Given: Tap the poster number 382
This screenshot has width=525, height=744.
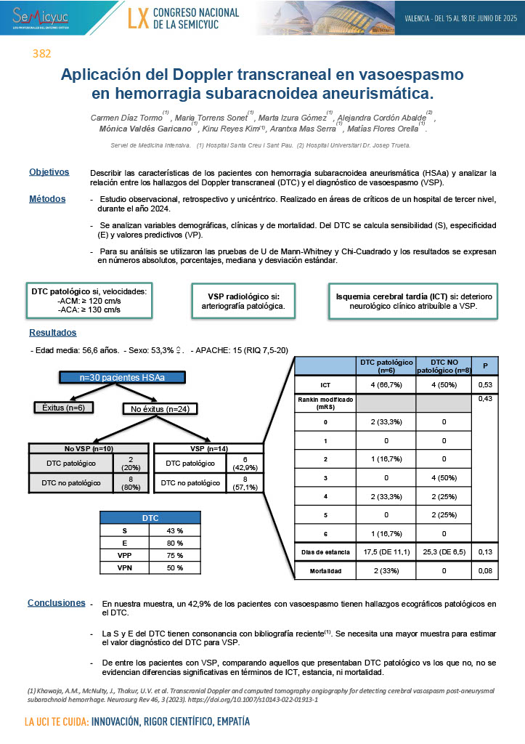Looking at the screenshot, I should pyautogui.click(x=41, y=54).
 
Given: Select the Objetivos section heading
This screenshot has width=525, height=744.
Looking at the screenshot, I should pyautogui.click(x=49, y=171).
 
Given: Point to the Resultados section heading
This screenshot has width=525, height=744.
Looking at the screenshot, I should pyautogui.click(x=52, y=332).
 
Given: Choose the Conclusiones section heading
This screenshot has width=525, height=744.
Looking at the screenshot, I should pyautogui.click(x=56, y=602).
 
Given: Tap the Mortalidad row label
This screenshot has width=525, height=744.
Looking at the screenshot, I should pyautogui.click(x=325, y=572).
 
